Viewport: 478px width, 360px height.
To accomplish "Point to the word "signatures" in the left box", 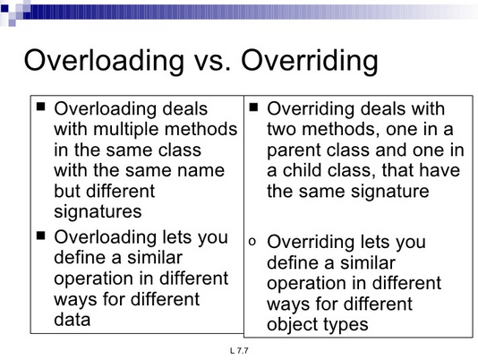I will (98, 211).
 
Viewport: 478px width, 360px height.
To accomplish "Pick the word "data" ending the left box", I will (73, 320).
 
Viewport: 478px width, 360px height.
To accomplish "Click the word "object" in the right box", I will (294, 323).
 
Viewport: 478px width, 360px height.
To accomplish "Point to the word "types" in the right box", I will (346, 323).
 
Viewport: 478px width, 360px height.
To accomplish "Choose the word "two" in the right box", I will (284, 129).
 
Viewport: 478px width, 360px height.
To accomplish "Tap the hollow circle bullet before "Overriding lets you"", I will (253, 241).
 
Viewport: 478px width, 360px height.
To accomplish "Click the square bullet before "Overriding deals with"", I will (254, 107).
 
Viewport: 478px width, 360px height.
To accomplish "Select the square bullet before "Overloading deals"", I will (40, 107).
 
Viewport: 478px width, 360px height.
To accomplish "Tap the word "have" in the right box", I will (441, 170).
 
